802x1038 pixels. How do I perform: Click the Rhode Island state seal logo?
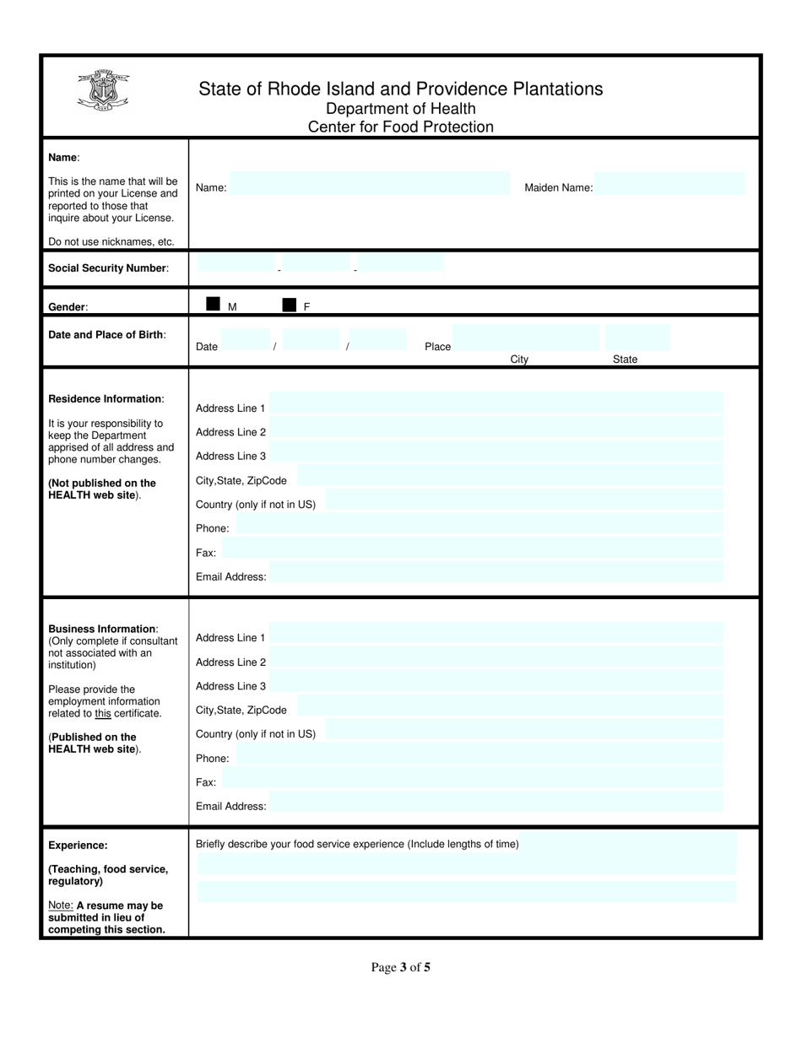pos(102,89)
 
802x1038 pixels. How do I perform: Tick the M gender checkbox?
pos(213,305)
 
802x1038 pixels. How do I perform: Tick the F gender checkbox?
pos(290,305)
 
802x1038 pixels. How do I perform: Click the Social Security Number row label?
pos(108,268)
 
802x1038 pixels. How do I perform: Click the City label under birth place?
pos(519,360)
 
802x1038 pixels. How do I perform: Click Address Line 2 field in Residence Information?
pos(496,428)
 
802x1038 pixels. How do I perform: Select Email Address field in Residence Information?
pos(496,572)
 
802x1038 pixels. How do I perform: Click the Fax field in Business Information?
pos(473,778)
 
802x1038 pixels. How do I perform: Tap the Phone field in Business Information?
pos(480,754)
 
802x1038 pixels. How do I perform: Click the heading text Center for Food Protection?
pos(400,127)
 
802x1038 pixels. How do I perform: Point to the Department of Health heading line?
pos(400,109)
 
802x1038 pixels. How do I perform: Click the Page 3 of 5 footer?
pos(400,967)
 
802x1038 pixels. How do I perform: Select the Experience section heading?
pos(78,845)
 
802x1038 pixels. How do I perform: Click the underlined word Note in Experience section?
pos(61,905)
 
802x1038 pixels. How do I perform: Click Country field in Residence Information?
pos(523,500)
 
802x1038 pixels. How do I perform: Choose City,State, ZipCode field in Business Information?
pos(510,706)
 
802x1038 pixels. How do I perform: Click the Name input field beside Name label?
pos(370,185)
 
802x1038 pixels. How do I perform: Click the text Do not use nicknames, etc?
pos(111,242)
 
